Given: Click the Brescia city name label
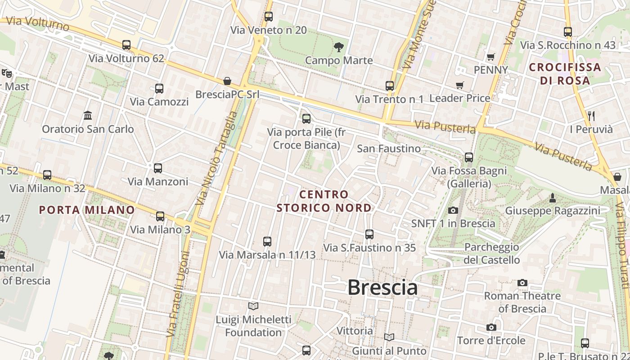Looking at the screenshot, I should click(x=382, y=288).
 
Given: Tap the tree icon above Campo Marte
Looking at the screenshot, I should click(x=338, y=46).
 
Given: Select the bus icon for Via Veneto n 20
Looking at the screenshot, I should click(x=269, y=17).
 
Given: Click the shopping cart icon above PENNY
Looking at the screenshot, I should click(x=490, y=57).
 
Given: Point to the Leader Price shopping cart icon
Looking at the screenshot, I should click(x=459, y=85).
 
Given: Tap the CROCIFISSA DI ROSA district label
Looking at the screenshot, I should click(x=565, y=74).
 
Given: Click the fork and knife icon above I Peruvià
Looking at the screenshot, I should click(x=591, y=116).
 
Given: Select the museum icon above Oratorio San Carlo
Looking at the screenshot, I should click(x=88, y=115).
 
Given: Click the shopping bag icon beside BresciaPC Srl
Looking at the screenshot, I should click(x=227, y=81).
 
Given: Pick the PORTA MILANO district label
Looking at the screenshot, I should click(x=87, y=210).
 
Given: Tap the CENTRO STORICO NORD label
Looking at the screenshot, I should click(x=324, y=201).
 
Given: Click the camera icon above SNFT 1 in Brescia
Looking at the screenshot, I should click(x=453, y=210).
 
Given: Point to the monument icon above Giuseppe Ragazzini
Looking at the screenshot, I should click(x=552, y=198).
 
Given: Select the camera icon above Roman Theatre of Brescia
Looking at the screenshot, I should click(x=522, y=283).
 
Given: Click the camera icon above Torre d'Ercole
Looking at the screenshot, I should click(x=491, y=327).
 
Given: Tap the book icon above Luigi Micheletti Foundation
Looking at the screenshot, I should click(x=253, y=306).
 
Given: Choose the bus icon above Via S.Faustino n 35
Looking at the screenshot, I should click(x=369, y=234).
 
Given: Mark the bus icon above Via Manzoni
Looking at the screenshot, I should click(x=157, y=168).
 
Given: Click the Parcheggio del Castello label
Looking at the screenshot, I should click(x=491, y=253).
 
